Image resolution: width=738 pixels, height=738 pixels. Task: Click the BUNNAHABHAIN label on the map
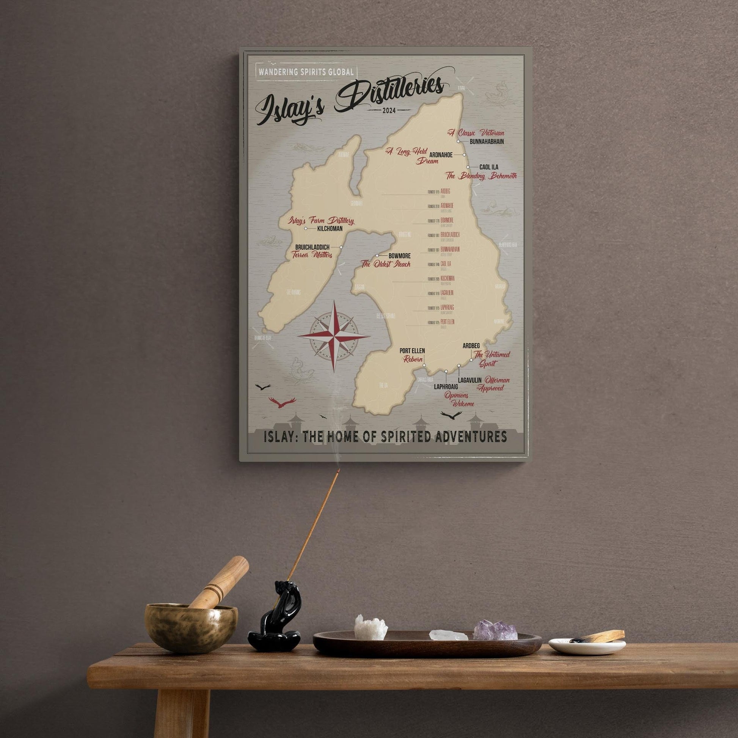coord(486,142)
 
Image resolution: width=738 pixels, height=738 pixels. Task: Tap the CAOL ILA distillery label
coord(488,167)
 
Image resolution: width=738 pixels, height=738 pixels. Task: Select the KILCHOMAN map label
coord(330,229)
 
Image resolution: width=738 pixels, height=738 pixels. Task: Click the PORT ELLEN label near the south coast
coord(412,351)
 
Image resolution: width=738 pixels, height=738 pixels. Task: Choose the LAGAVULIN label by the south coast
coord(469,380)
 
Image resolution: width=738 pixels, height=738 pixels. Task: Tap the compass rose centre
coord(333,336)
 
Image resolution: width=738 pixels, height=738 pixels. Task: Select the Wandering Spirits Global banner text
coord(306,72)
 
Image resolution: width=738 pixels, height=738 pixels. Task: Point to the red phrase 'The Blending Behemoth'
coord(481,176)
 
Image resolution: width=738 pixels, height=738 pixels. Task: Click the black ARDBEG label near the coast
coord(471,346)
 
